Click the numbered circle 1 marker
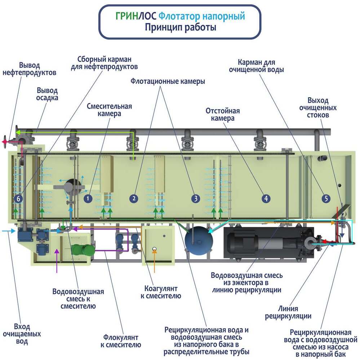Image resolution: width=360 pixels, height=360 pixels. [88, 198]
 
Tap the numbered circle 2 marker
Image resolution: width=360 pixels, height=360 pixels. [134, 198]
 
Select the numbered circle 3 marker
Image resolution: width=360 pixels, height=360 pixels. [195, 198]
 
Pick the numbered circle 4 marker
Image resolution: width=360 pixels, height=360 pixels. [266, 198]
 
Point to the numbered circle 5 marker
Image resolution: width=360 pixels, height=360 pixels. [326, 198]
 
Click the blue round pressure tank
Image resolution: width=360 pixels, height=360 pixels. [196, 239]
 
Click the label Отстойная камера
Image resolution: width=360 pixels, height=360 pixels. [222, 114]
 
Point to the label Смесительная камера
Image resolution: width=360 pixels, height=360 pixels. [109, 110]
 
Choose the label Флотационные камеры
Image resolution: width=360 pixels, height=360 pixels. [168, 81]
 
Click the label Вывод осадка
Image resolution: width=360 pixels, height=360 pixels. [48, 94]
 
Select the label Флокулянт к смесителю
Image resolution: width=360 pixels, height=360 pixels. [120, 341]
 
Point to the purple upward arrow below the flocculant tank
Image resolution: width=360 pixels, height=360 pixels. [57, 259]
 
